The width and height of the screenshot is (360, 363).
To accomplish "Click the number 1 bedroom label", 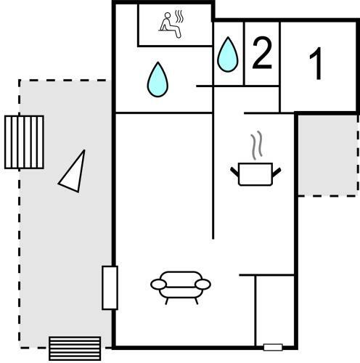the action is [316, 63].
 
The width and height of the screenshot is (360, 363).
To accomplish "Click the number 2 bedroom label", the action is [262, 53].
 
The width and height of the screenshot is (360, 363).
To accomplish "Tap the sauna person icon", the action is [170, 25].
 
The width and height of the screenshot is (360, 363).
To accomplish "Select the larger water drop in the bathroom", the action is [157, 80].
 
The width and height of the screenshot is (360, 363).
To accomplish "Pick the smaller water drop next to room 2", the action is [228, 54].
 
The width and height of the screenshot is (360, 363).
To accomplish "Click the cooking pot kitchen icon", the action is [255, 174].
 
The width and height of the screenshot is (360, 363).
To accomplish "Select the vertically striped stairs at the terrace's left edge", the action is [24, 142].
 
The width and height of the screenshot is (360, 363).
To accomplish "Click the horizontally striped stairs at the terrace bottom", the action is [75, 348].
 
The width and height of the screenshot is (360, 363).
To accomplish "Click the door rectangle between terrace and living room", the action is [110, 287].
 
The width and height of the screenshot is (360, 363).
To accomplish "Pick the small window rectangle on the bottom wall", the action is [273, 347].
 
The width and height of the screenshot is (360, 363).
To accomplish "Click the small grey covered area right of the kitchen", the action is [328, 155].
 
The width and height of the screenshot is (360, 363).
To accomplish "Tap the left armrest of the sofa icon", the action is [158, 284].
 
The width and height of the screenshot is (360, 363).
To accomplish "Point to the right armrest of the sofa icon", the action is [203, 284].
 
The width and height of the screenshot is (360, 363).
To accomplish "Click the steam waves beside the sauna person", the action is [179, 17].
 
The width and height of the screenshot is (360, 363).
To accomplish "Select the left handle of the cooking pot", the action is [234, 171].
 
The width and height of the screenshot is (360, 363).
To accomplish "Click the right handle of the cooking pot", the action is [277, 171].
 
